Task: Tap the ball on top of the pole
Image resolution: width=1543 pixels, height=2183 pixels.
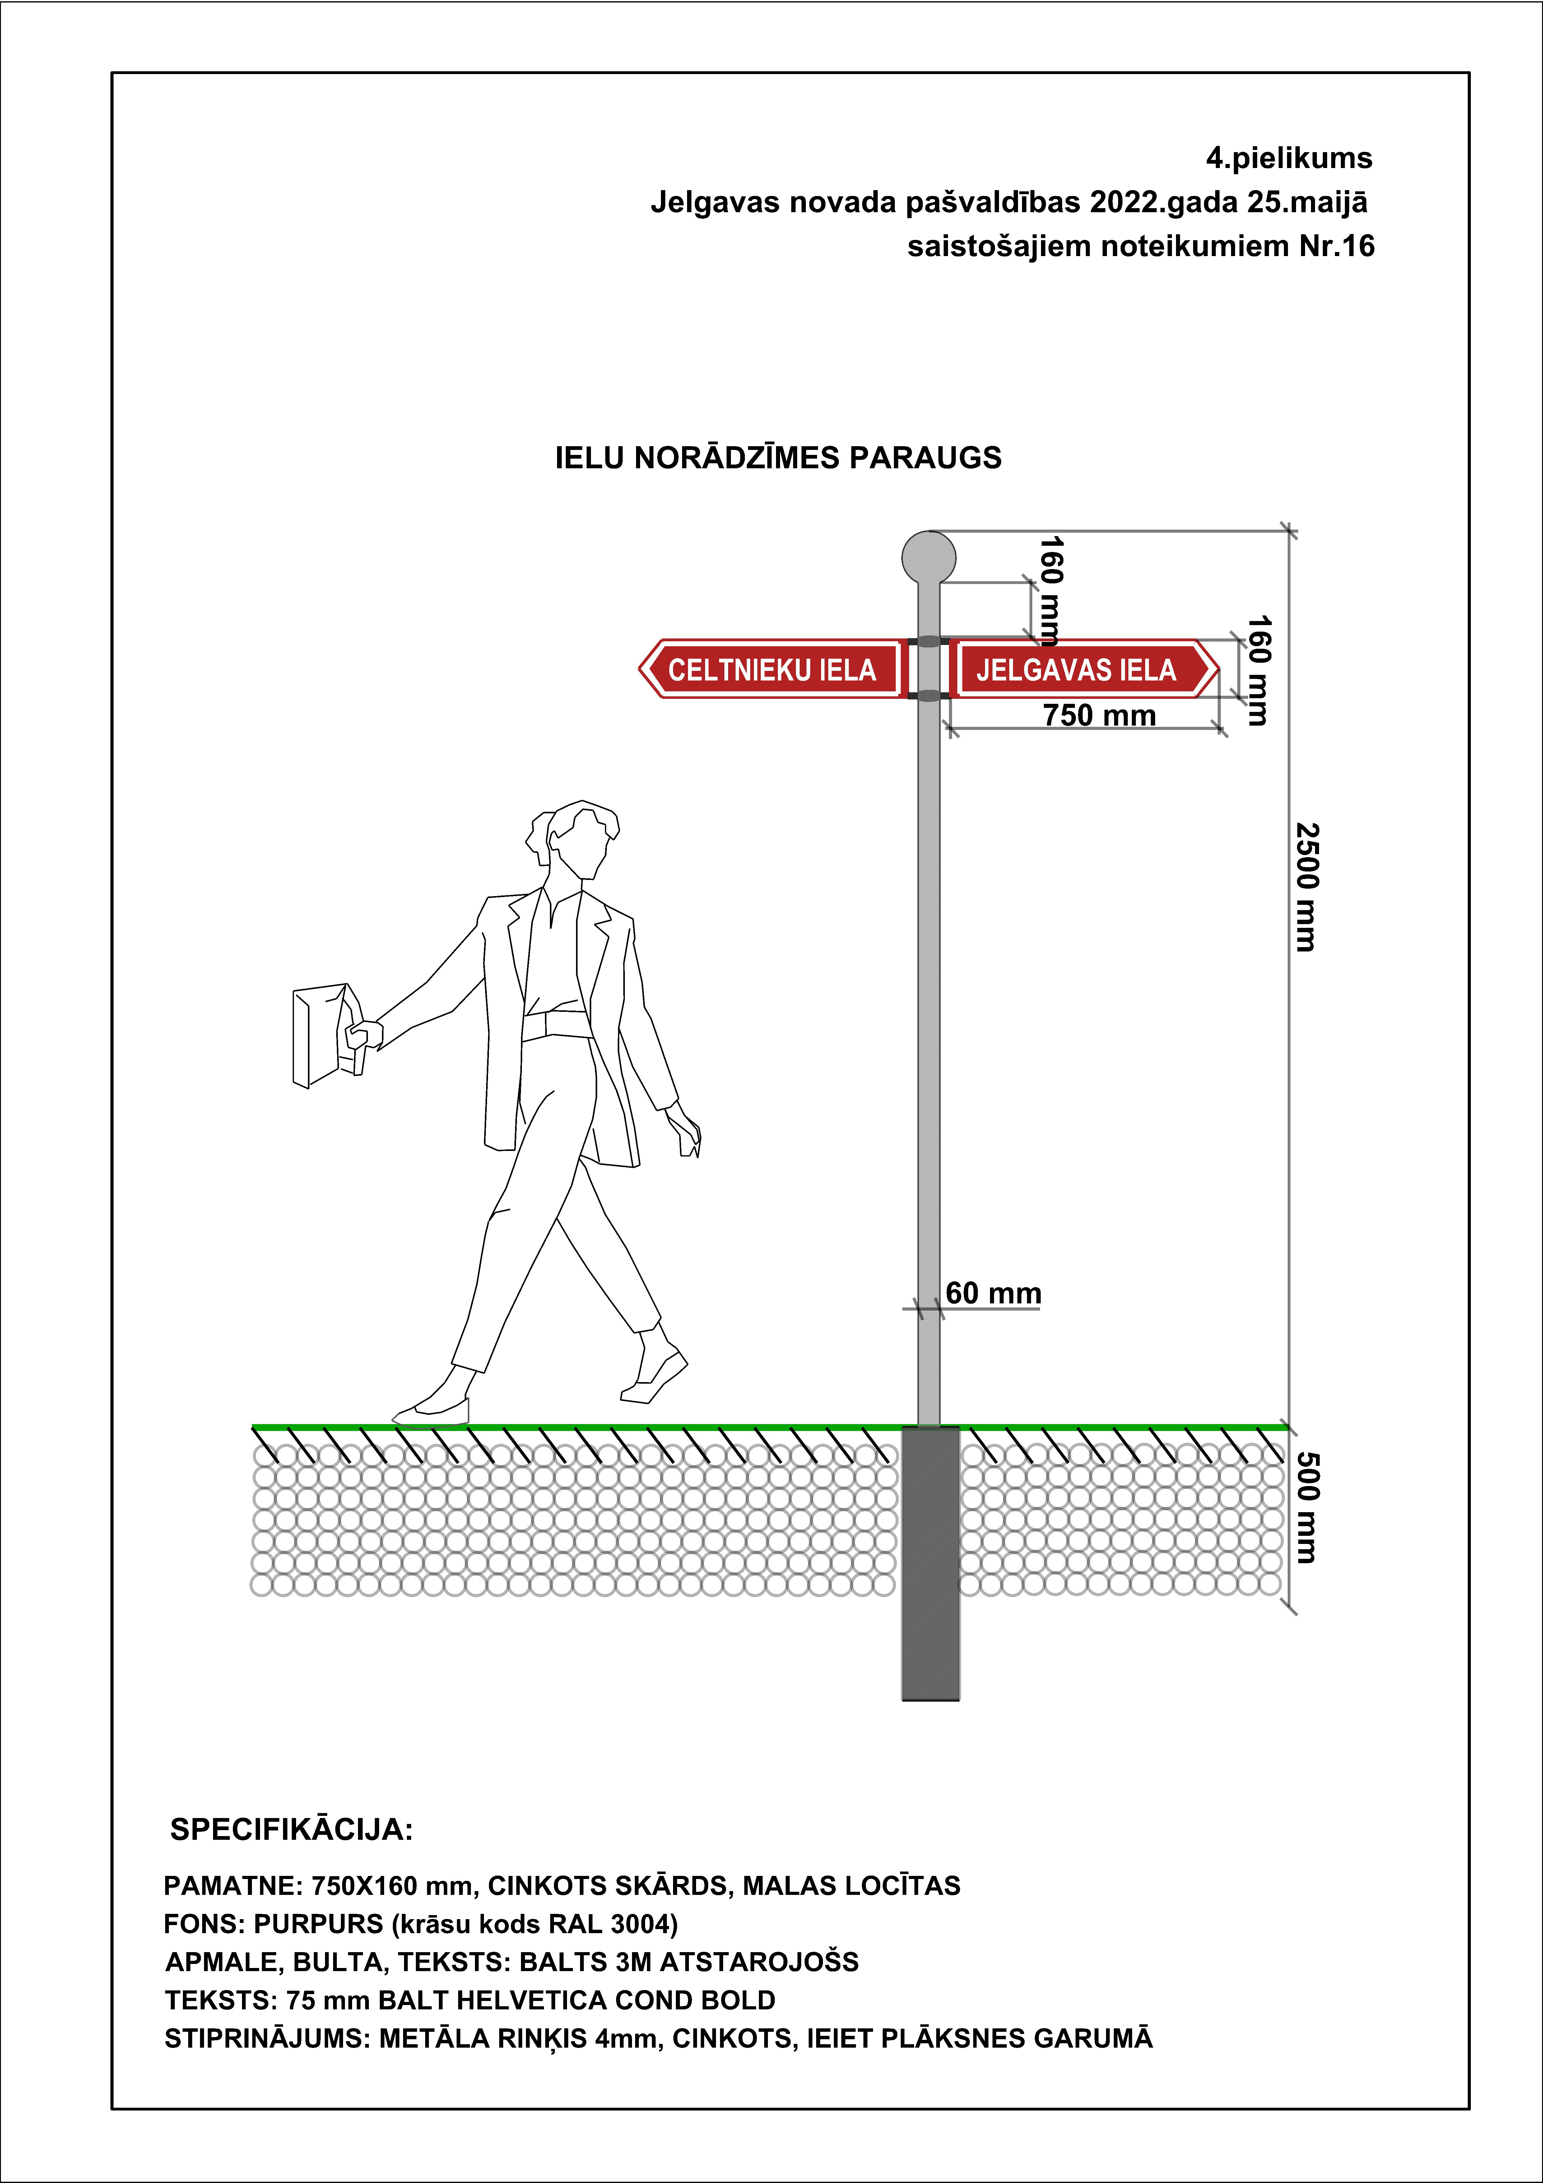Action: pos(928,556)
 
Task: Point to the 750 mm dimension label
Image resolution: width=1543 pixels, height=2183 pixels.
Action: pos(1099,715)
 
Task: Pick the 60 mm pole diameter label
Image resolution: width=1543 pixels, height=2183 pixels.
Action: pos(993,1293)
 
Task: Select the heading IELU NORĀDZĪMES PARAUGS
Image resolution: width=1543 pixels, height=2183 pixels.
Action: pos(778,458)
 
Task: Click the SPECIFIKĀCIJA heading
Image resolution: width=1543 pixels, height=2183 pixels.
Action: pos(291,1829)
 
